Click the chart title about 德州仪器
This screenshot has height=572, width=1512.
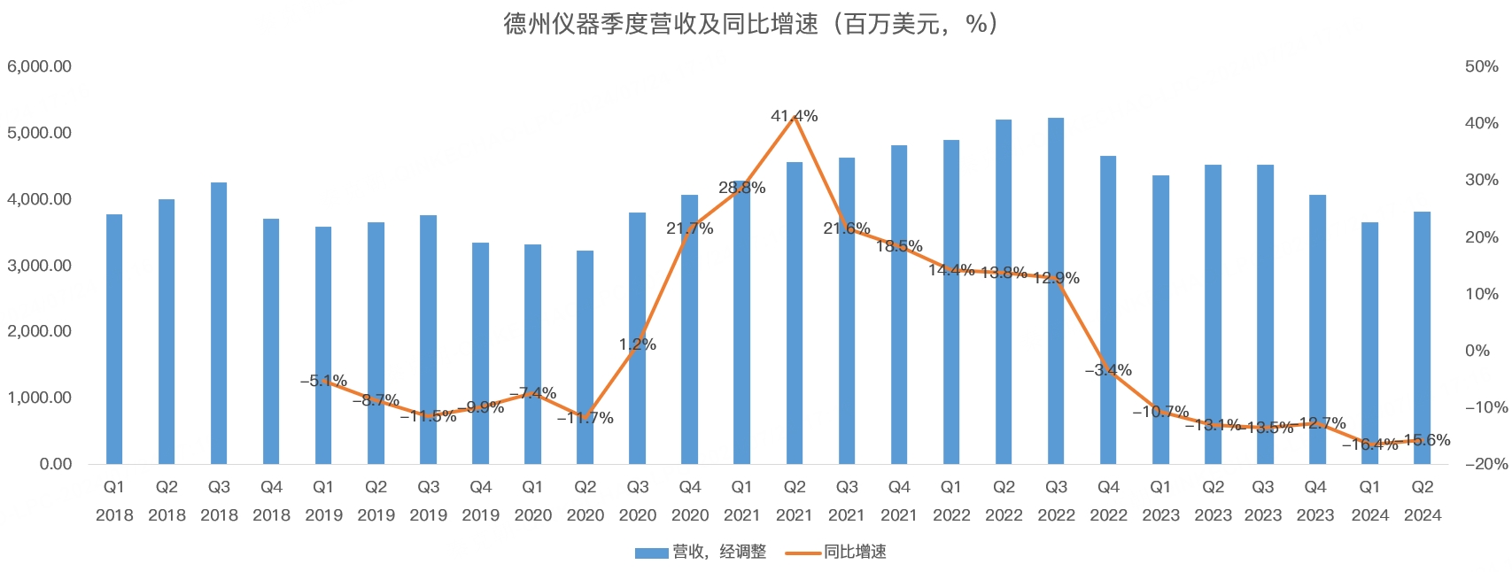pyautogui.click(x=751, y=24)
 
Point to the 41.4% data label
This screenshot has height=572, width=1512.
pyautogui.click(x=795, y=116)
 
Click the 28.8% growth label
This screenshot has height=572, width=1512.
pyautogui.click(x=741, y=188)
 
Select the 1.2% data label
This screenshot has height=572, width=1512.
pyautogui.click(x=637, y=344)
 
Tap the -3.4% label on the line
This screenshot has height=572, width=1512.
pyautogui.click(x=1108, y=370)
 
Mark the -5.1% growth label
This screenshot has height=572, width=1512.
pyautogui.click(x=323, y=381)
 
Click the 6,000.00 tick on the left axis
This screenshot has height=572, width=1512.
pyautogui.click(x=40, y=66)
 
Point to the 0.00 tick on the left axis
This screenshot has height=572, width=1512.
pyautogui.click(x=55, y=464)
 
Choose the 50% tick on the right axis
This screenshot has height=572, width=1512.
pyautogui.click(x=1481, y=66)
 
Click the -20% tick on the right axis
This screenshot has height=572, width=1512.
pyautogui.click(x=1486, y=464)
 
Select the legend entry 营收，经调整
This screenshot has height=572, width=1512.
pyautogui.click(x=702, y=553)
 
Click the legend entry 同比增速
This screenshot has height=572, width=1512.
pyautogui.click(x=837, y=553)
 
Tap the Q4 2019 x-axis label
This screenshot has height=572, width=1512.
pyautogui.click(x=480, y=501)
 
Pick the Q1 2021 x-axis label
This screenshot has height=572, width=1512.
pyautogui.click(x=741, y=501)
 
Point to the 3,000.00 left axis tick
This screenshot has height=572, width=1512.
pyautogui.click(x=40, y=266)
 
